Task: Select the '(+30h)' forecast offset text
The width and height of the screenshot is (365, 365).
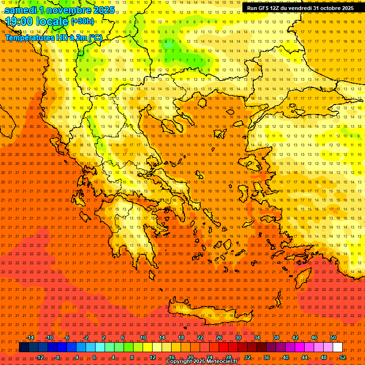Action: [82, 21]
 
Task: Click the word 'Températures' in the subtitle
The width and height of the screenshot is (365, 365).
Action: [29, 38]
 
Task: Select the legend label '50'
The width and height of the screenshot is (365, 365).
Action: [333, 337]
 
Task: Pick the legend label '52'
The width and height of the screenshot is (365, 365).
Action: [343, 357]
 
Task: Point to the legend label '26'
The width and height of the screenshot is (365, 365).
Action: [219, 337]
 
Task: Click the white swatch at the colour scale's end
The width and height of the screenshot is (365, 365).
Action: [338, 347]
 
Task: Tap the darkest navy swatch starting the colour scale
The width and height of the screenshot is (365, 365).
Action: [24, 347]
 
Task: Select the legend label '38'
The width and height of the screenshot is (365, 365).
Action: [276, 337]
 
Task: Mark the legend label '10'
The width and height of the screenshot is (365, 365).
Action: [143, 337]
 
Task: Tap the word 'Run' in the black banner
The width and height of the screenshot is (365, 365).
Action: [252, 8]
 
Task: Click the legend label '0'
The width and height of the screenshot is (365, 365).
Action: [94, 357]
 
